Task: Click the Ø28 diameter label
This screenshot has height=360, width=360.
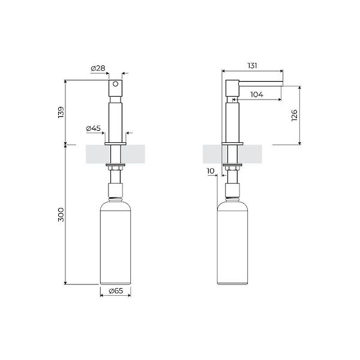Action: pyautogui.click(x=98, y=69)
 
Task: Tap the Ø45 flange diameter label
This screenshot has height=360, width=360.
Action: pyautogui.click(x=93, y=128)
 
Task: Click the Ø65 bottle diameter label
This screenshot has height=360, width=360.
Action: pyautogui.click(x=115, y=292)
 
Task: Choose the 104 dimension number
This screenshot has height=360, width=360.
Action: pyautogui.click(x=256, y=95)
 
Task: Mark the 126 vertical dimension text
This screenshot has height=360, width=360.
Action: pyautogui.click(x=294, y=115)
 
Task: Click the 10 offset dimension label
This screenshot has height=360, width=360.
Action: pyautogui.click(x=210, y=171)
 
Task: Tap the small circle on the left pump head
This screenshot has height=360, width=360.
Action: pyautogui.click(x=115, y=86)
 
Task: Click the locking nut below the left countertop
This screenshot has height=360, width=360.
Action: pyautogui.click(x=115, y=166)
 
